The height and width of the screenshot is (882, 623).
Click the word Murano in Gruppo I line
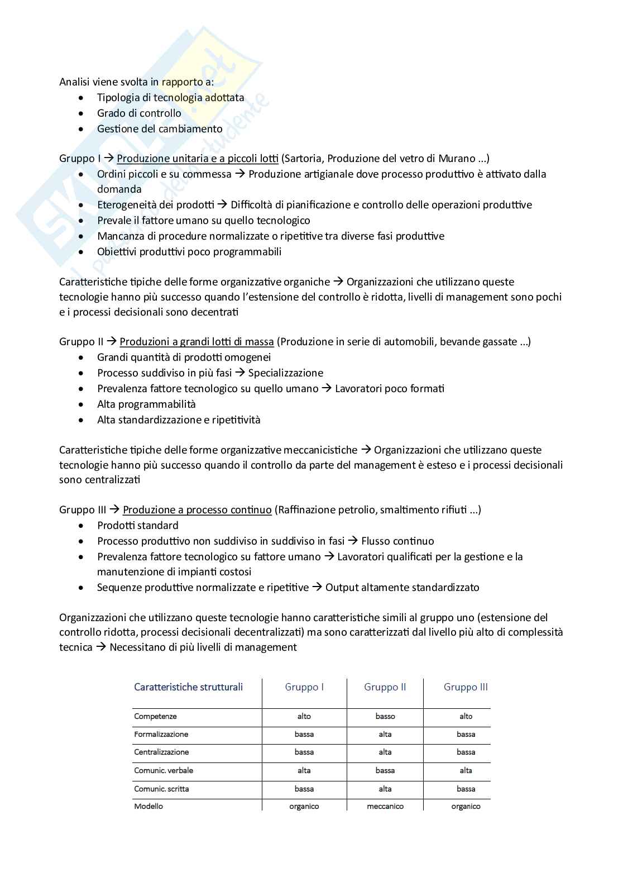pos(457,158)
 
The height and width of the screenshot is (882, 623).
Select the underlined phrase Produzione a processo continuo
pos(197,509)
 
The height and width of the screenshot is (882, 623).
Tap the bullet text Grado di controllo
pos(139,113)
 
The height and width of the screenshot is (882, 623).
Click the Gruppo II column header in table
pos(385,687)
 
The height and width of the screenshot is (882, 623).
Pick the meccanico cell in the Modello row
pos(385,806)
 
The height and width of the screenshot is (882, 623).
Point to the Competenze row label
pos(155,716)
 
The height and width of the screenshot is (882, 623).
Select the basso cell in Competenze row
pos(385,716)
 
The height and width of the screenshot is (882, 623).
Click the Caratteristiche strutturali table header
pos(188,687)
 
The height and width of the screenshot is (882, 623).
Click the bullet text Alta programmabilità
pos(146,404)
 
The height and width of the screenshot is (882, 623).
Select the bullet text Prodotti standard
pos(137,525)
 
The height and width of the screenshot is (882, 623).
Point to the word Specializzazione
pos(285,373)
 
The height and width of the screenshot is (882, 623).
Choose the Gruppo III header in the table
pos(466,687)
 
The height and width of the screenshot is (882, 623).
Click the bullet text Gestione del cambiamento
pos(160,128)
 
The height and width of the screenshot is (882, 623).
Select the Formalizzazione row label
pos(161,734)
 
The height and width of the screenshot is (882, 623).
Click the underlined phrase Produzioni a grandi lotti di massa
pos(197,341)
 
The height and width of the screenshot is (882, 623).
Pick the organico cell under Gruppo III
pos(466,806)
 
